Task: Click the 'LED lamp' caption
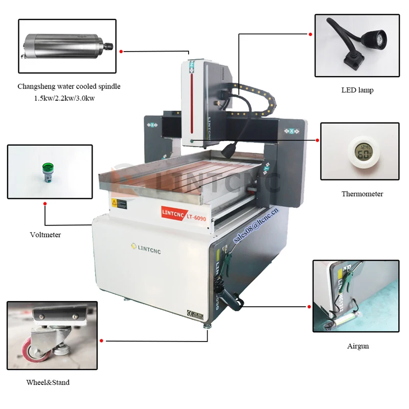click(x=357, y=90)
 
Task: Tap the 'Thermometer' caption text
click(x=362, y=194)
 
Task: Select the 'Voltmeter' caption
click(x=45, y=235)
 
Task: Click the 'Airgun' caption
click(x=358, y=346)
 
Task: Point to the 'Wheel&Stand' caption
click(x=48, y=382)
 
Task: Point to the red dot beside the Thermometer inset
click(x=317, y=140)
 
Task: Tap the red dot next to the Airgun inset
click(x=309, y=306)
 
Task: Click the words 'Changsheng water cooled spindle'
click(x=69, y=86)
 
